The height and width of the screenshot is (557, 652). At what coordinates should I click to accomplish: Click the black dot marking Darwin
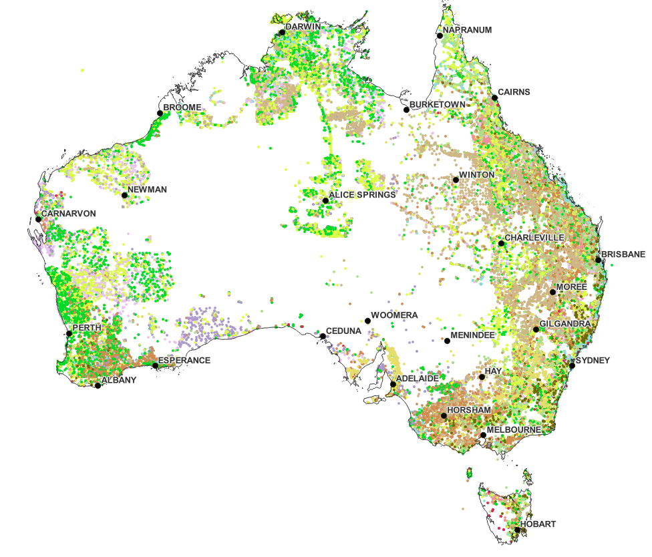(x=282, y=31)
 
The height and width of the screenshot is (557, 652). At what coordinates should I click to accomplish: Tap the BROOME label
(x=182, y=107)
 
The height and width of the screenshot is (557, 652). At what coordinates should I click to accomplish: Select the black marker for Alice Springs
(x=325, y=200)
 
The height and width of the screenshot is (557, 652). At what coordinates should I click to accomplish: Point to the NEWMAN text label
(x=148, y=190)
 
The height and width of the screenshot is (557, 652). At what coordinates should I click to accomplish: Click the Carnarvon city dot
(x=38, y=219)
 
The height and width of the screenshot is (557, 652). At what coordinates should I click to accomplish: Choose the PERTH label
(x=86, y=329)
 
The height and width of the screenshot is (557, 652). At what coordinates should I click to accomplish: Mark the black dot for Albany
(x=98, y=385)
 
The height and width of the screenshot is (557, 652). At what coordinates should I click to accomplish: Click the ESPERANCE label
(x=184, y=361)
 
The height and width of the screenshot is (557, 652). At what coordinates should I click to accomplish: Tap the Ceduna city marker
(x=322, y=336)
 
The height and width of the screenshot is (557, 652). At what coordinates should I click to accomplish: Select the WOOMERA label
(x=395, y=315)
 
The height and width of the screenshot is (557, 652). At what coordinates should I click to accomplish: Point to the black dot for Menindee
(x=447, y=341)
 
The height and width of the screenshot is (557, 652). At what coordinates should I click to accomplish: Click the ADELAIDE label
(x=418, y=379)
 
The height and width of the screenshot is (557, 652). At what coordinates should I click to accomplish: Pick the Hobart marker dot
(x=517, y=530)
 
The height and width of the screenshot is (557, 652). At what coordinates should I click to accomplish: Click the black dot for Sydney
(x=572, y=365)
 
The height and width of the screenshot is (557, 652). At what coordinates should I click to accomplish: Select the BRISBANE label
(x=623, y=254)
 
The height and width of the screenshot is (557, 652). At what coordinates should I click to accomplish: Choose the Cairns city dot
(x=495, y=98)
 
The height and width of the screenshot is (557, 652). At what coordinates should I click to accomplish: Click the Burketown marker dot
(x=406, y=110)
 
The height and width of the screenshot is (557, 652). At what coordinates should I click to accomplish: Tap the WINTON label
(x=477, y=175)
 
